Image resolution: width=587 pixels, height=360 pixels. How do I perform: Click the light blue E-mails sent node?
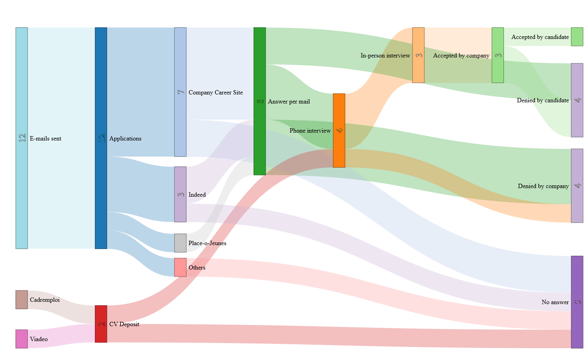click(x=22, y=138)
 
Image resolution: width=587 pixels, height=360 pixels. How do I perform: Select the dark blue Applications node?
click(x=101, y=138)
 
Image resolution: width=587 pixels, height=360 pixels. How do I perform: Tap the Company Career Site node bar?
click(x=180, y=92)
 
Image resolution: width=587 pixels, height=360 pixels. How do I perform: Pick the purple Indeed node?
click(x=180, y=194)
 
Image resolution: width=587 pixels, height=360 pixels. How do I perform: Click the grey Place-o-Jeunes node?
click(x=180, y=243)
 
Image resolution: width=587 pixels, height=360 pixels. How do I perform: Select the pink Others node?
click(x=180, y=267)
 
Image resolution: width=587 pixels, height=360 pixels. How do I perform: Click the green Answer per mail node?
click(x=259, y=101)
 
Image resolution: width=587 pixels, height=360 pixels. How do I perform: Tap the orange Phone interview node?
click(x=339, y=130)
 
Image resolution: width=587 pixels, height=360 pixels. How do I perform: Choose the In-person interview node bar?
click(x=418, y=55)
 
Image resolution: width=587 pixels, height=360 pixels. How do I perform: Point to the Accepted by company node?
click(x=498, y=55)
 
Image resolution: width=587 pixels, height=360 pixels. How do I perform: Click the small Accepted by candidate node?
click(x=577, y=37)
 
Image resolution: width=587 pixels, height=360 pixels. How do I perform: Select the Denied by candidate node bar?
click(x=577, y=100)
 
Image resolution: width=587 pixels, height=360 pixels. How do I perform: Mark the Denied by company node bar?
click(x=577, y=186)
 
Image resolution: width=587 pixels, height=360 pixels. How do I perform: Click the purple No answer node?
click(x=577, y=302)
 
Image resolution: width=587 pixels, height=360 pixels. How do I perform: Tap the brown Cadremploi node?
click(x=22, y=299)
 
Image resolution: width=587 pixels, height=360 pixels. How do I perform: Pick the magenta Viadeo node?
click(x=22, y=339)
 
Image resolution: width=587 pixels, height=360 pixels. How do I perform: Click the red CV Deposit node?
click(x=101, y=324)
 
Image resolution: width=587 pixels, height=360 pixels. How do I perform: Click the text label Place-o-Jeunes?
click(x=207, y=243)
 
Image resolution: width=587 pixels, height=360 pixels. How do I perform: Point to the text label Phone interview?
click(x=310, y=131)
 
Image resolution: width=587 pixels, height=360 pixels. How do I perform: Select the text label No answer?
click(x=555, y=302)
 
